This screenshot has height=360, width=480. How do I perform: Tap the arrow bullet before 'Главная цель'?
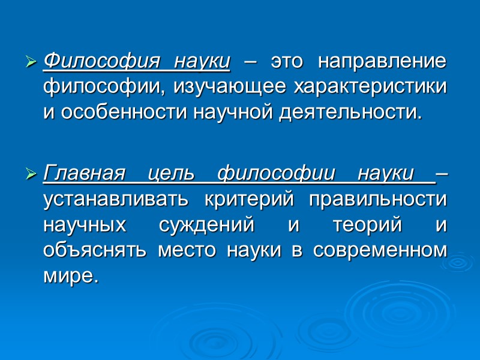coord(32,175)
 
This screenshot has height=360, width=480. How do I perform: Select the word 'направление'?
coord(382,61)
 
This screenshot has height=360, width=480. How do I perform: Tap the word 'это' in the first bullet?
coord(287,61)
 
